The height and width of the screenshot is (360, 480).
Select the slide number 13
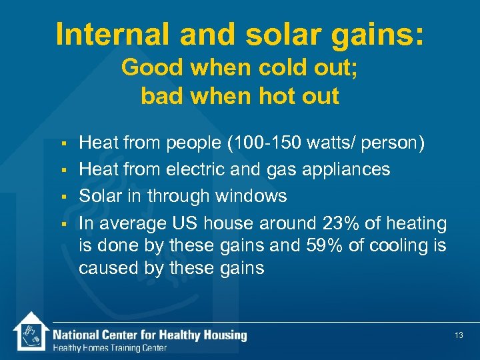coord(459,335)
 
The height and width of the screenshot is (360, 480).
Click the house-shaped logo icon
coord(29,332)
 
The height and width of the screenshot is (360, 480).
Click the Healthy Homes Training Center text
coord(110,347)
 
